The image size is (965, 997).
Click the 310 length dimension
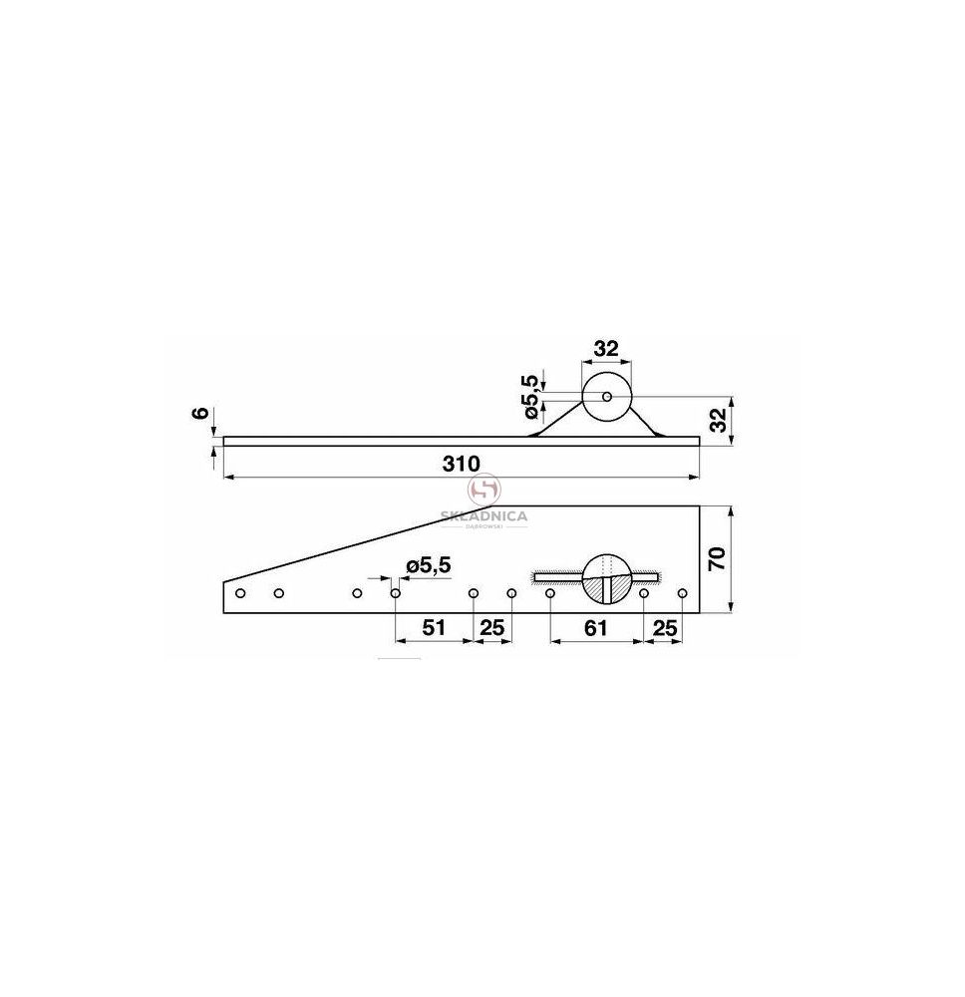[461, 464]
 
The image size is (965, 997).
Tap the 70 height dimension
[717, 559]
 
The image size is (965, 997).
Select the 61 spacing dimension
[595, 628]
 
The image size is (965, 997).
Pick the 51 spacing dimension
[434, 628]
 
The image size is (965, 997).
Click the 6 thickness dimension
[200, 413]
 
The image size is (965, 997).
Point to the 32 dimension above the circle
[606, 348]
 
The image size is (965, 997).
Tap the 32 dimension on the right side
[718, 421]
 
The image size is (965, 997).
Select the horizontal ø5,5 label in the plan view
[428, 564]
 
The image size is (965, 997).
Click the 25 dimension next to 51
[492, 628]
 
